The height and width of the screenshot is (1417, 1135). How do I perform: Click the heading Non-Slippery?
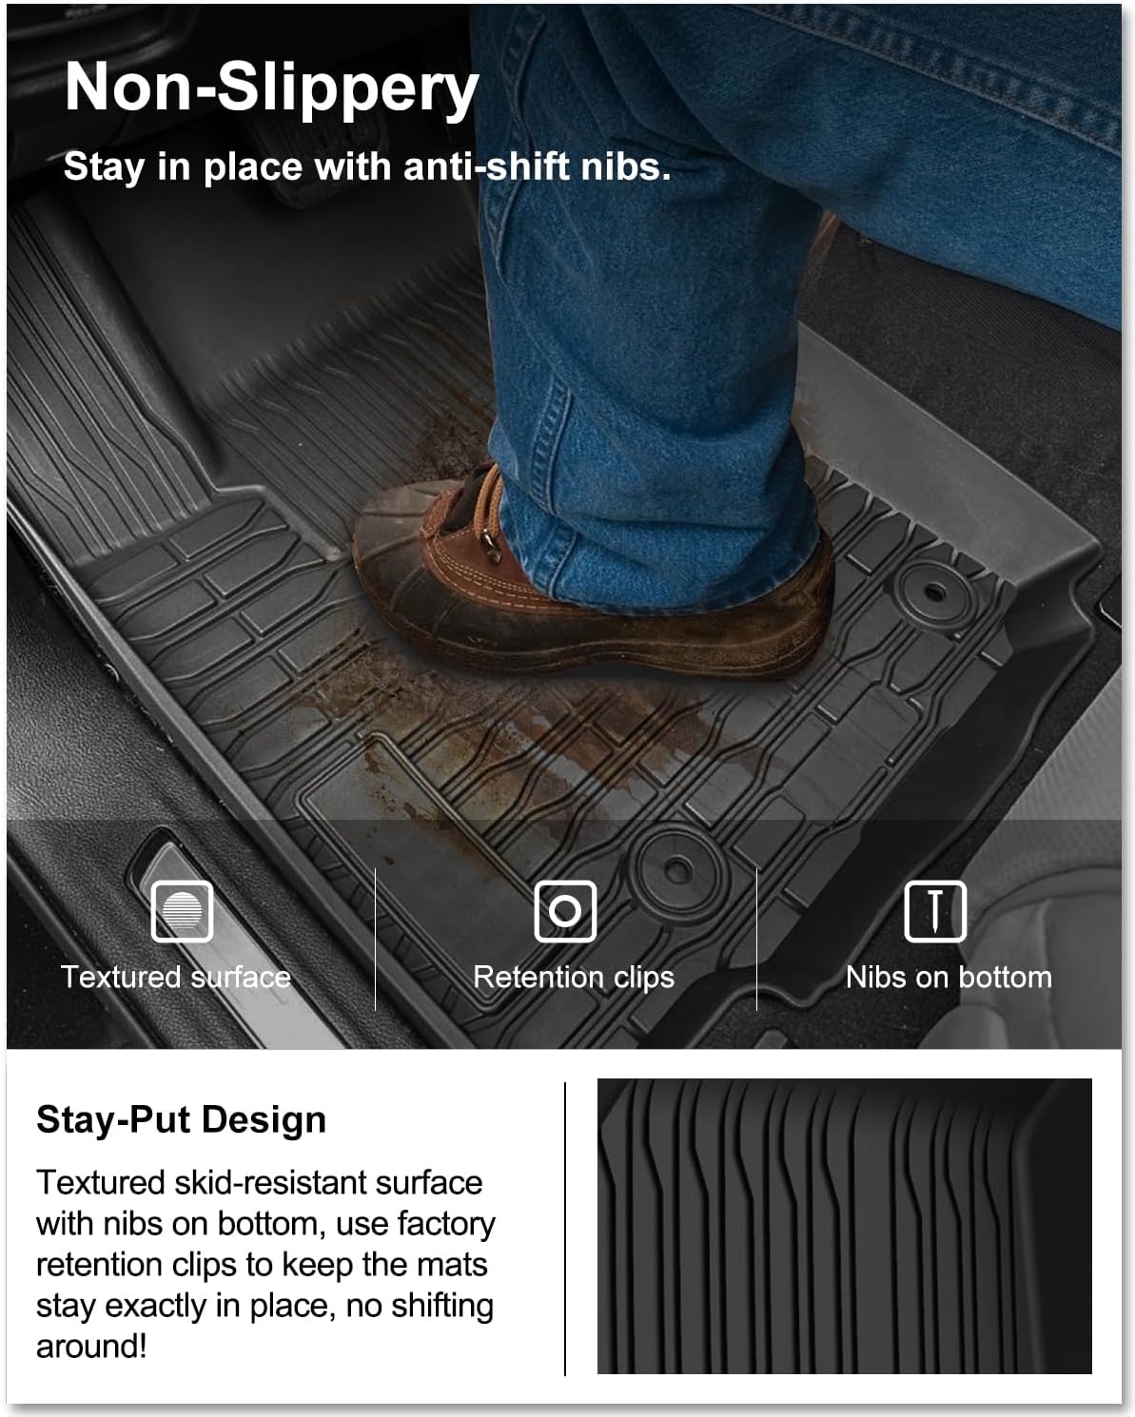271,88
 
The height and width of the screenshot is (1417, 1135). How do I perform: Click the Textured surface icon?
182,911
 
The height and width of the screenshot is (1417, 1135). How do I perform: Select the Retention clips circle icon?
565,911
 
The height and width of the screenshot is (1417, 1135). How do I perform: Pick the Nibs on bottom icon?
934,911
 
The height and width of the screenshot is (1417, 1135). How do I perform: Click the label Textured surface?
176,977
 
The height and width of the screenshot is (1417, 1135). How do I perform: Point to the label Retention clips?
574,977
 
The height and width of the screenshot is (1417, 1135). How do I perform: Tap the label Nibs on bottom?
949,977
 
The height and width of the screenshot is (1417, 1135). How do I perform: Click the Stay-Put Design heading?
181,1119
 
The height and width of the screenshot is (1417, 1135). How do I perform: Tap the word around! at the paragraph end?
91,1347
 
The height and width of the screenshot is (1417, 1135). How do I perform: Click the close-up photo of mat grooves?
844,1226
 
